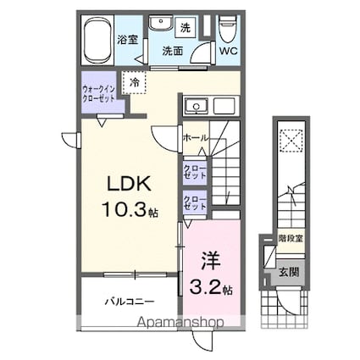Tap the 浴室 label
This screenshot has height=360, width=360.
128,39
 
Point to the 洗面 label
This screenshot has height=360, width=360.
174,51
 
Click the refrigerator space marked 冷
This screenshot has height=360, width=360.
135,82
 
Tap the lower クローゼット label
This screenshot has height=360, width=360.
195,202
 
